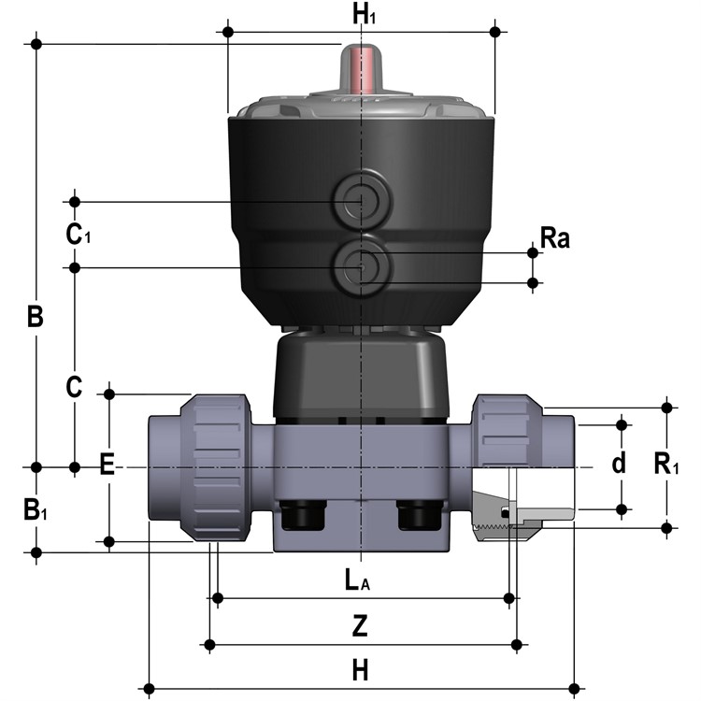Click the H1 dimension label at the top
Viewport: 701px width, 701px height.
point(364,14)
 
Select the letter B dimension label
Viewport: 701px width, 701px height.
point(36,316)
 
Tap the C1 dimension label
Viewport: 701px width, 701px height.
point(78,234)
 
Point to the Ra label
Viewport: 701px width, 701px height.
point(555,237)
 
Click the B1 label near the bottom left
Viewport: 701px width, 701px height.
point(35,509)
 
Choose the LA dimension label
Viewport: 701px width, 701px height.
point(357,579)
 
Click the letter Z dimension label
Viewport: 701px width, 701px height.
point(360,626)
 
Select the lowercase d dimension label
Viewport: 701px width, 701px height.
point(619,464)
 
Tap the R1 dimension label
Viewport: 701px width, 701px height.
point(666,464)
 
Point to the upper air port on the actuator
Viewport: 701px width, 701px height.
point(361,201)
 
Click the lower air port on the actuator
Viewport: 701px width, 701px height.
point(361,267)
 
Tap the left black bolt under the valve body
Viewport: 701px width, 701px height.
point(302,514)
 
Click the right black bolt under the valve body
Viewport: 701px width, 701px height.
point(421,514)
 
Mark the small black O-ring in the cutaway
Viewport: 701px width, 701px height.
point(505,514)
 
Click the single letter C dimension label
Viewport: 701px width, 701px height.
point(74,387)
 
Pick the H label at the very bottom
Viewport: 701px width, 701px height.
point(360,670)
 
